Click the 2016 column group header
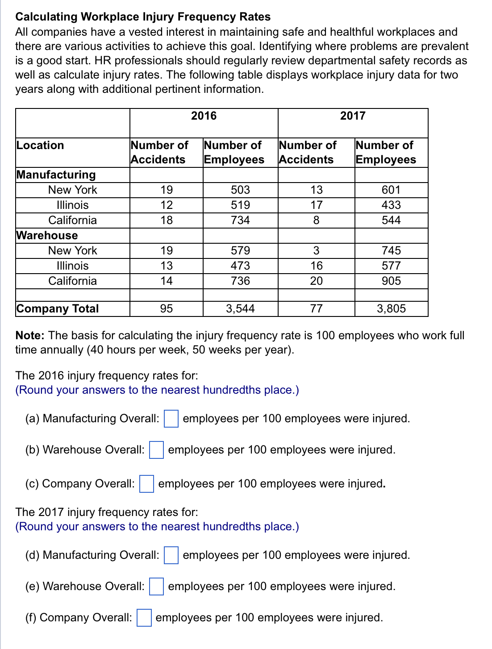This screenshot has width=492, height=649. [x=204, y=116]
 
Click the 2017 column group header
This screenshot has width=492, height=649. [x=353, y=116]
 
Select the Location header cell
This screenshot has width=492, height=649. [x=40, y=146]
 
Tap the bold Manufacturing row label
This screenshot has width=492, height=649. [x=56, y=175]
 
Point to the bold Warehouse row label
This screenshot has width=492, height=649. [x=47, y=235]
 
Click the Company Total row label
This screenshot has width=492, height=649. [x=58, y=309]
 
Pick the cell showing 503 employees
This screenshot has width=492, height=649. [x=240, y=190]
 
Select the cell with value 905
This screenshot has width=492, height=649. [x=391, y=281]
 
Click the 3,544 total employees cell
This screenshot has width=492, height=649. [x=240, y=309]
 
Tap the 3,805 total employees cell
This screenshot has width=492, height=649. [x=391, y=309]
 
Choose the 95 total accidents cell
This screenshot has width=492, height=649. [x=166, y=309]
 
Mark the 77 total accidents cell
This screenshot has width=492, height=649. [x=316, y=309]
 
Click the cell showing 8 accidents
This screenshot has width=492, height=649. [x=316, y=220]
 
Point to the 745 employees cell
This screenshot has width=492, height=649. [x=391, y=251]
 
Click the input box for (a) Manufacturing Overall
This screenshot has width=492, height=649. [x=171, y=419]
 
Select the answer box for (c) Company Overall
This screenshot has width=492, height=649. [x=146, y=484]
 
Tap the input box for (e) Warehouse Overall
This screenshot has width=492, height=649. [x=156, y=587]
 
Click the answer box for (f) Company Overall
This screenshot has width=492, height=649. [x=144, y=618]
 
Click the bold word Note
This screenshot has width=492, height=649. [x=29, y=336]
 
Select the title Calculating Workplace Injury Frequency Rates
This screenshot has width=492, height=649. [x=143, y=17]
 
